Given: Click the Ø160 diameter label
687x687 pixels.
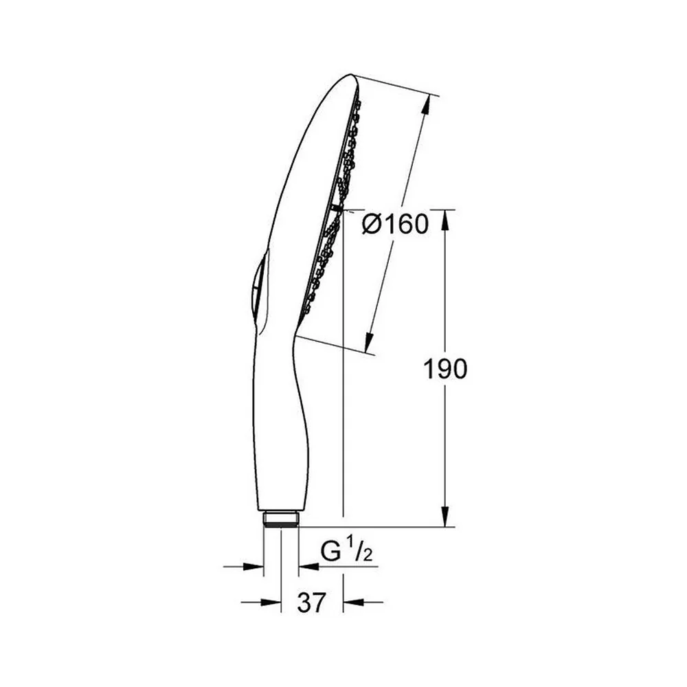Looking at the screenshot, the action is pyautogui.click(x=395, y=224).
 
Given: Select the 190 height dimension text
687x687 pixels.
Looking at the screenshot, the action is pyautogui.click(x=444, y=368).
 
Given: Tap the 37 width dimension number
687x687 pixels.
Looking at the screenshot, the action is pyautogui.click(x=312, y=602).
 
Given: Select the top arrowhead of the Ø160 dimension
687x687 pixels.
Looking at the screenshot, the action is pyautogui.click(x=427, y=106).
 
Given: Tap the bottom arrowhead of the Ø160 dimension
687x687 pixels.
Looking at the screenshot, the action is pyautogui.click(x=370, y=342).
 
